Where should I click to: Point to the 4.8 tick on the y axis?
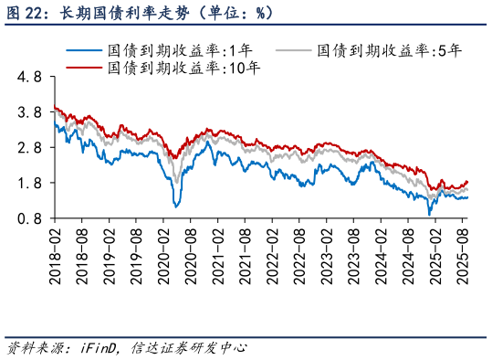pos(29,78)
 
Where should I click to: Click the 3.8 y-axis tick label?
pos(29,112)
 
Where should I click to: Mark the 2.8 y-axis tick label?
pos(29,148)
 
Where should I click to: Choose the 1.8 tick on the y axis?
pos(29,183)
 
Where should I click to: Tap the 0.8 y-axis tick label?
pos(29,218)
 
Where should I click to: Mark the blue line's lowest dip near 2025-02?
pos(430,214)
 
